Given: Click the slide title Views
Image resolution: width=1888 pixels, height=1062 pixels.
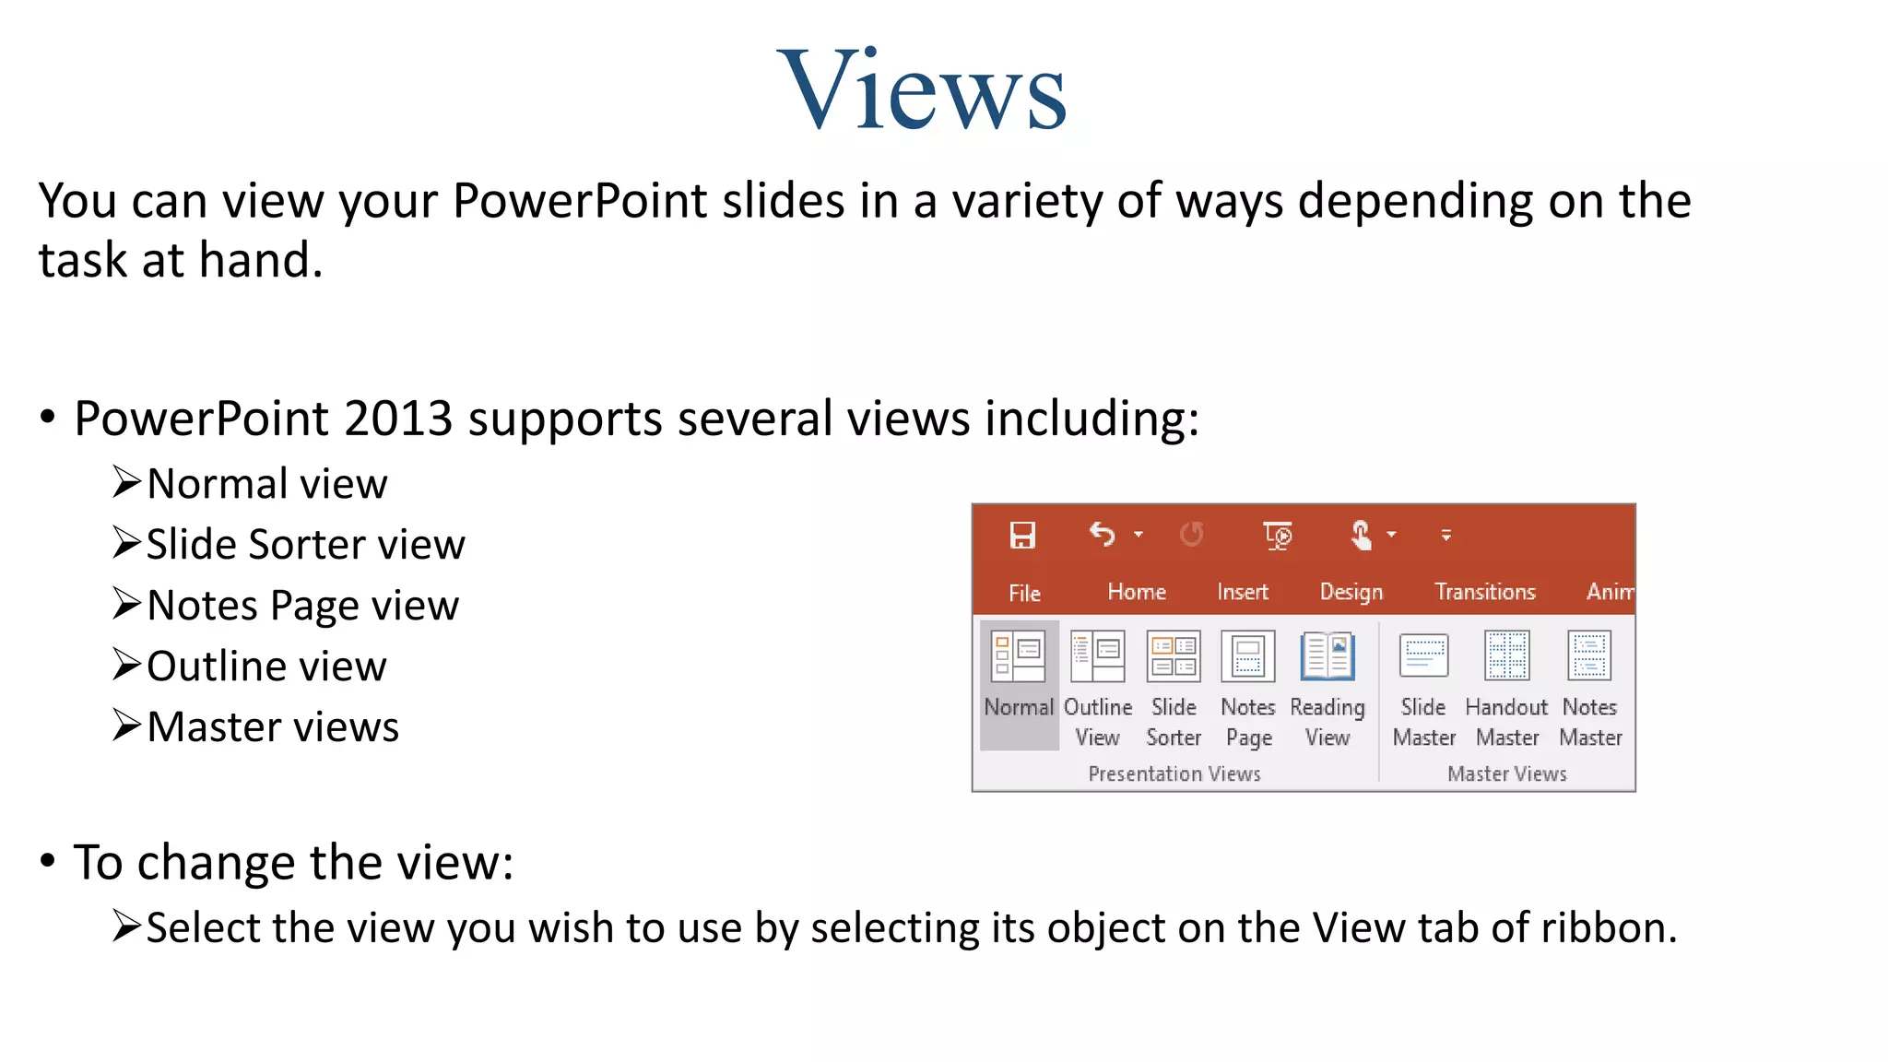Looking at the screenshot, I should (x=922, y=90).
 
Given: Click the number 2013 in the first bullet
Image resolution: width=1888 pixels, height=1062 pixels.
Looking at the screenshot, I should (x=398, y=419).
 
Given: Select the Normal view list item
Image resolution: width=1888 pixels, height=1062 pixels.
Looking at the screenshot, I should (x=267, y=484).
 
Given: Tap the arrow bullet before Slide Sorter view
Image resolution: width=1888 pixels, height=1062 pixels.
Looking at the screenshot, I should (x=126, y=543).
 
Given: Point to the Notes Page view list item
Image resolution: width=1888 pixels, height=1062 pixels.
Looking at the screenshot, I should (x=302, y=606).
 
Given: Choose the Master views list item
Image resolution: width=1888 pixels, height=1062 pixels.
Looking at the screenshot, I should (x=273, y=727).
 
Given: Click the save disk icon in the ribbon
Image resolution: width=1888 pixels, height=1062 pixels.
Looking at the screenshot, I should (x=1022, y=535).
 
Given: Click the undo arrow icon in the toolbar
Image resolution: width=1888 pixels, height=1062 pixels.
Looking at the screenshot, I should (x=1103, y=534).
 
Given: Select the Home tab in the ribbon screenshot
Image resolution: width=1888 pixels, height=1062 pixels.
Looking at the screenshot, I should (x=1137, y=592).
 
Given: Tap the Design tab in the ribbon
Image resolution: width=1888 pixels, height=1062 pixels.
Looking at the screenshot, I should (x=1351, y=592).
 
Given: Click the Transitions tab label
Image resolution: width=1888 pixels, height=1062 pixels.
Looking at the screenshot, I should (x=1485, y=592).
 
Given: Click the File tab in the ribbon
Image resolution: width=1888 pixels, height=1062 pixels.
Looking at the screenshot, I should (x=1024, y=593).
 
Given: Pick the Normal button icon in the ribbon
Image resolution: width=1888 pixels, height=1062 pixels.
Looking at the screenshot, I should (x=1018, y=656).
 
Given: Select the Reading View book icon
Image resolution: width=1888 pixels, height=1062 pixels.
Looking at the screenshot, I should (x=1327, y=656).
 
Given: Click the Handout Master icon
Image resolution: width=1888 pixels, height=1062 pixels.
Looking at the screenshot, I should (x=1507, y=655).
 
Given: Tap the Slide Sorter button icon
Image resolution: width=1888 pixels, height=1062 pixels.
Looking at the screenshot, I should (x=1174, y=656).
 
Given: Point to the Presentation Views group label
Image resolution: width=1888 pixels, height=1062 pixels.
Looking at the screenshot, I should (x=1174, y=774).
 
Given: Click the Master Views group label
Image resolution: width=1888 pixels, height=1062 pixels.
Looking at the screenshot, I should (x=1507, y=774).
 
